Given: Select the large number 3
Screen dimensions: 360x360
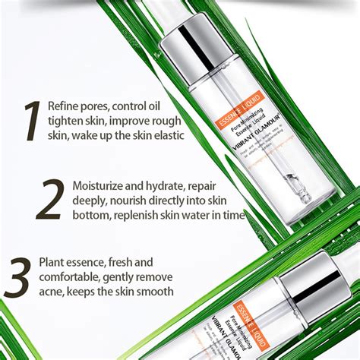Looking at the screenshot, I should (x=18, y=276).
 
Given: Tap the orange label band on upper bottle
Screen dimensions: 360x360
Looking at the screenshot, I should (x=235, y=106).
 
